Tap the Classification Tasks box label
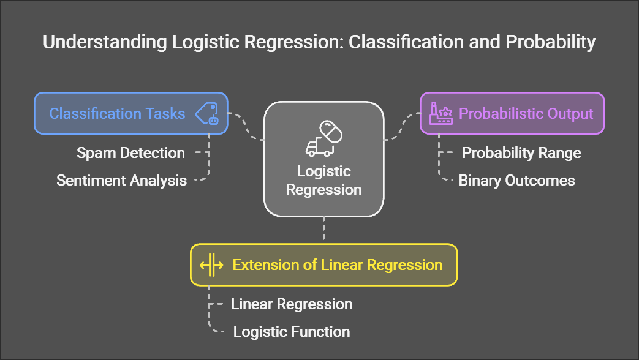point(117,113)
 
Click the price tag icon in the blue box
point(207,114)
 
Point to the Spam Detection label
point(130,153)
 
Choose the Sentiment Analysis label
point(121,181)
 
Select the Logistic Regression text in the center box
point(323,180)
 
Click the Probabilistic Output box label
point(526,113)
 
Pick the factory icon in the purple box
point(440,113)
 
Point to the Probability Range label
point(521,152)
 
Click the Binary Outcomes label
point(516,180)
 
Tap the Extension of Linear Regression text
point(337,265)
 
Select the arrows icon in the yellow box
point(211,265)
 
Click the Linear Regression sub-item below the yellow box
point(291,304)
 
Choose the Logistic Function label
point(291,332)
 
